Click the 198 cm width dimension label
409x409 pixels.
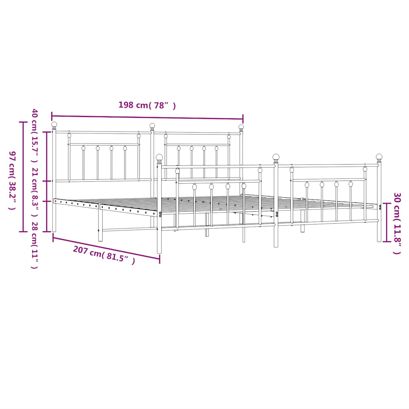[x=147, y=105]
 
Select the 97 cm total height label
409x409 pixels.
[x=12, y=180]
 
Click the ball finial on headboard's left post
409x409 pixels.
[x=54, y=125]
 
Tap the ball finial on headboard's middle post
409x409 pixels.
[x=152, y=126]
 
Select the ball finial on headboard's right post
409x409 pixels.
[x=241, y=127]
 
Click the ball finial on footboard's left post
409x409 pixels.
[x=159, y=157]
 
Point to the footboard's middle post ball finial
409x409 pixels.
[x=276, y=157]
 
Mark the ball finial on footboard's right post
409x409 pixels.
[x=379, y=157]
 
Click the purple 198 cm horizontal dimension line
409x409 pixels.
[x=147, y=117]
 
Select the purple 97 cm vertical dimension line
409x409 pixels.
[x=23, y=176]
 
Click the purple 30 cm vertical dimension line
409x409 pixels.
[x=386, y=222]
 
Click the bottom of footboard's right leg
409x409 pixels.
[x=379, y=240]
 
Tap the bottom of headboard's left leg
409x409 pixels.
[x=54, y=230]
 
